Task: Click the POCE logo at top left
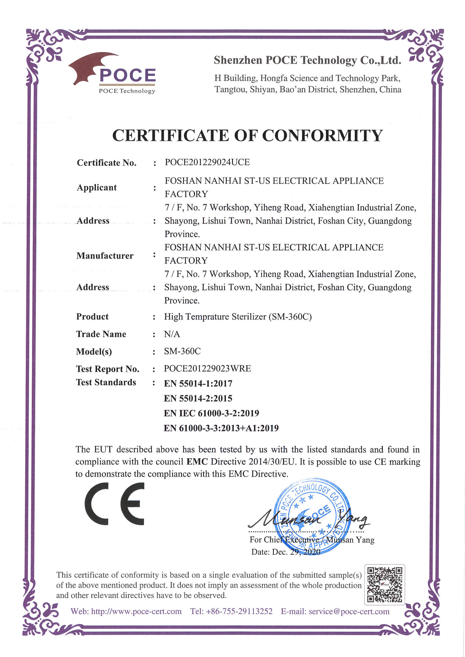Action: pos(112,73)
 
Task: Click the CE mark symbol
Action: pos(114,504)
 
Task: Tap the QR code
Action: pos(384,584)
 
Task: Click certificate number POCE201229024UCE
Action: pos(207,162)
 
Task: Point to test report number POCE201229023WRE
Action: pos(207,368)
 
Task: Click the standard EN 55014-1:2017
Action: pos(198,383)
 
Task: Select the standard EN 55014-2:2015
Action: pos(198,398)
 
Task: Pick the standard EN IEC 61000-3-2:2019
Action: pos(211,413)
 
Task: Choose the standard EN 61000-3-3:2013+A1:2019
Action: pos(221,428)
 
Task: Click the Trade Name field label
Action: pos(101,334)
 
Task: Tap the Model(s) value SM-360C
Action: pos(182,351)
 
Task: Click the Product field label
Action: pos(92,317)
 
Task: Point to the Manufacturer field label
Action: pos(105,256)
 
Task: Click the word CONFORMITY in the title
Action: pos(322,135)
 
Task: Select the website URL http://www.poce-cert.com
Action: pos(136,611)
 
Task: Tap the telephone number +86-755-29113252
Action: pos(239,611)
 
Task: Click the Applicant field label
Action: pos(97,188)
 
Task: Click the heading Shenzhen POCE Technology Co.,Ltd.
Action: pos(307,60)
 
